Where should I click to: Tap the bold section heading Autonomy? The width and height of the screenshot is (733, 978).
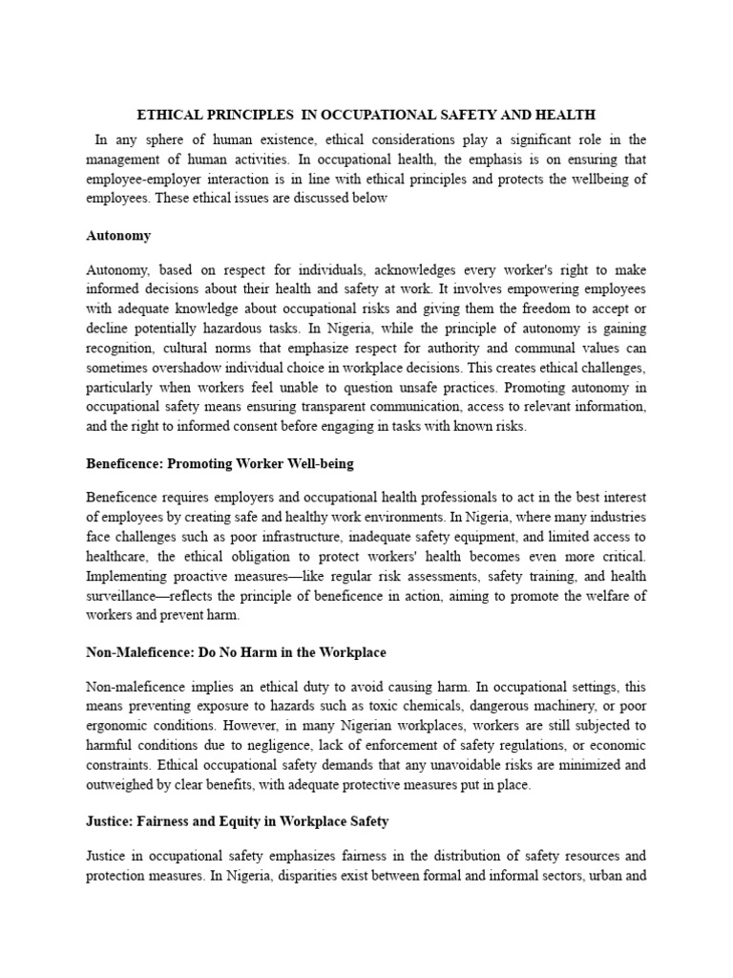(118, 235)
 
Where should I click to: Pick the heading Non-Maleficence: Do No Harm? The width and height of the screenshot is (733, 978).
(236, 652)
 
